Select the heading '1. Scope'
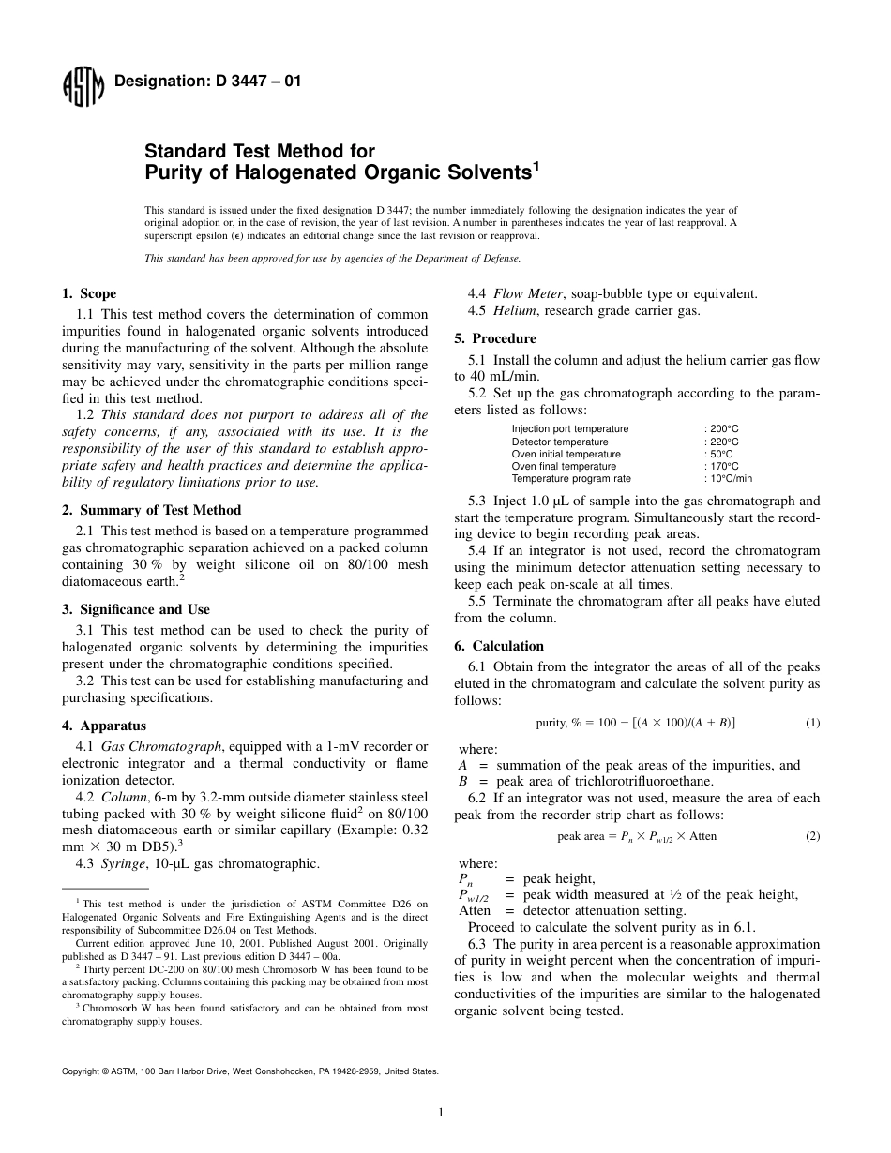89,294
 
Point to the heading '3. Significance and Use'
136,609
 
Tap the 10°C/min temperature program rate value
731,478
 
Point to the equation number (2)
812,836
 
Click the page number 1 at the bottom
441,1113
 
